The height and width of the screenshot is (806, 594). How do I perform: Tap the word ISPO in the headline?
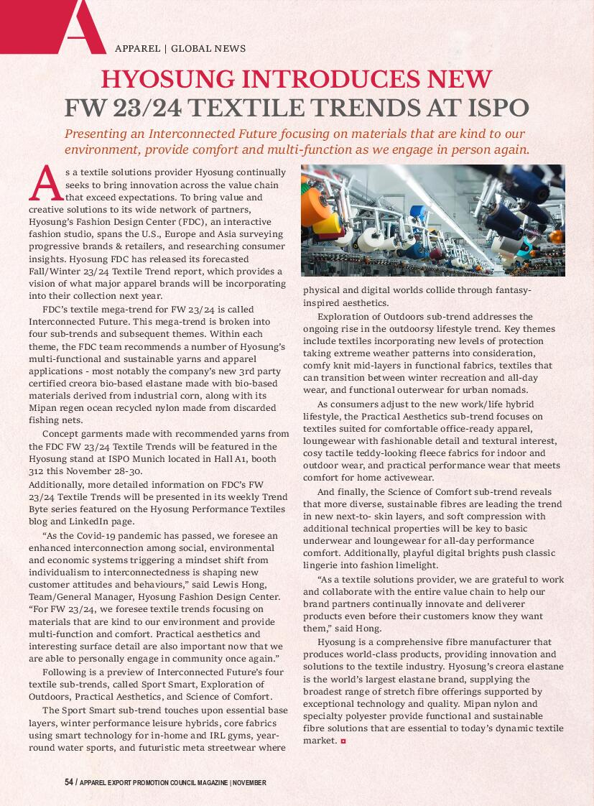(496, 108)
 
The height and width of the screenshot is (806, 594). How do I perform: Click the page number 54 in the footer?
(69, 782)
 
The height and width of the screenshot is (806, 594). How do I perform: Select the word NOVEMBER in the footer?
(249, 782)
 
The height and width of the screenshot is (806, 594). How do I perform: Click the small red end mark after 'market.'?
(343, 741)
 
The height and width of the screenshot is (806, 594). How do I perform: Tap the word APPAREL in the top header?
(137, 49)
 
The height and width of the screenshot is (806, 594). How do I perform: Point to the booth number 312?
(37, 471)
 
